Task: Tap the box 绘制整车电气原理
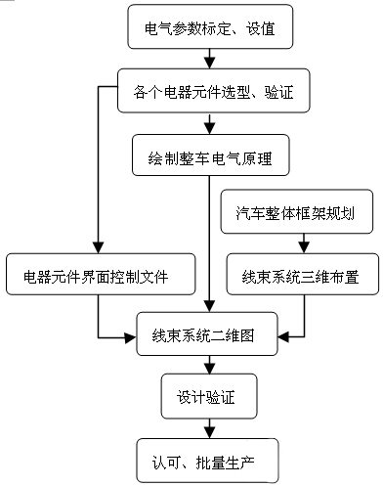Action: (x=209, y=156)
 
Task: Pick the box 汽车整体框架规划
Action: (x=297, y=212)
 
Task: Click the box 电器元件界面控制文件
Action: (x=99, y=276)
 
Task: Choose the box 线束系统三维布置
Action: (x=302, y=276)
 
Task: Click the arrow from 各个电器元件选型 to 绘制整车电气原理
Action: (x=208, y=123)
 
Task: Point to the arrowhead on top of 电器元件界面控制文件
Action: (x=99, y=247)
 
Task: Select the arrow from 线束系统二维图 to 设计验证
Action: (x=208, y=366)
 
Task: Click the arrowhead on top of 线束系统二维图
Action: (x=208, y=306)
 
